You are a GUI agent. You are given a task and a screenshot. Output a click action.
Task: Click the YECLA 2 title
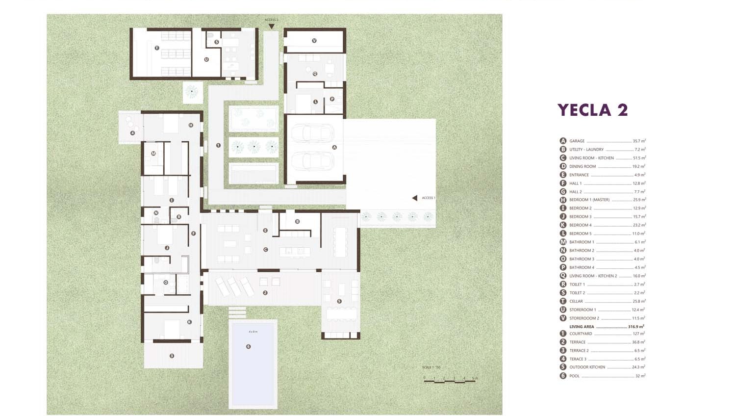click(x=592, y=110)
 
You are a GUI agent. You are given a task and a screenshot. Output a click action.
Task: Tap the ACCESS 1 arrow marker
click(x=415, y=198)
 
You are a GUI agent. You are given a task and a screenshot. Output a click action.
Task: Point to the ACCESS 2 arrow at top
click(x=271, y=26)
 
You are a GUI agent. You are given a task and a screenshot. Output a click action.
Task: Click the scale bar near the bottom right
click(x=449, y=379)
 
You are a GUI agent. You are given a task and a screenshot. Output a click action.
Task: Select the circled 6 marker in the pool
click(x=249, y=346)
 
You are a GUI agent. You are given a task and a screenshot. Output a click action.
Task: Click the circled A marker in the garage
click(x=334, y=147)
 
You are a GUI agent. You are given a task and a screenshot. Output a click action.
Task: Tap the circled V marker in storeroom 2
click(x=314, y=41)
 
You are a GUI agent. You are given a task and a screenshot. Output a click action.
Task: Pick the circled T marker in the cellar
click(x=157, y=48)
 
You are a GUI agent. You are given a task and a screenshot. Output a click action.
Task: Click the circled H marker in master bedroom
click(x=191, y=125)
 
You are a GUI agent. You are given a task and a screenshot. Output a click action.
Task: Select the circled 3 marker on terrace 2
click(x=172, y=356)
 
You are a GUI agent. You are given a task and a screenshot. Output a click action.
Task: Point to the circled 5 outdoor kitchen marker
click(x=339, y=301)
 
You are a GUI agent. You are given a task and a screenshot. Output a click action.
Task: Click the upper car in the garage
click(x=312, y=133)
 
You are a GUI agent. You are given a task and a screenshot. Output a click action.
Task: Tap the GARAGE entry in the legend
click(x=577, y=141)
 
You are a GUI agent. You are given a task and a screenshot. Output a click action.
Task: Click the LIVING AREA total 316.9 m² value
click(x=636, y=327)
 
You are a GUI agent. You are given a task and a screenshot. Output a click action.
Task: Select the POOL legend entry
click(x=574, y=376)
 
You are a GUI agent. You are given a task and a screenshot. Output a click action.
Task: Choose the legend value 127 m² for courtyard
click(x=638, y=334)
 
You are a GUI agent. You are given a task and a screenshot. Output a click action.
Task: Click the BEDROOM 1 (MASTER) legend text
click(x=589, y=200)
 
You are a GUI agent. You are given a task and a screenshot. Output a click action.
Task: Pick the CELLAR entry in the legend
click(x=576, y=301)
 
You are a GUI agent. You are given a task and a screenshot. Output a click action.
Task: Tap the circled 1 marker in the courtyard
click(x=218, y=145)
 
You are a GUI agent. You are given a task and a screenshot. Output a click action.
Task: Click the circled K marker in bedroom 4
click(x=189, y=322)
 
